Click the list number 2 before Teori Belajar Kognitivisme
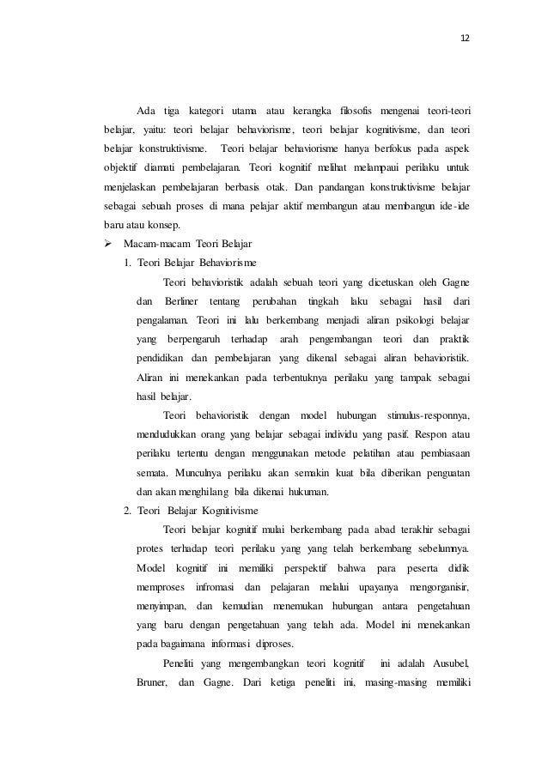coord(126,510)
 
